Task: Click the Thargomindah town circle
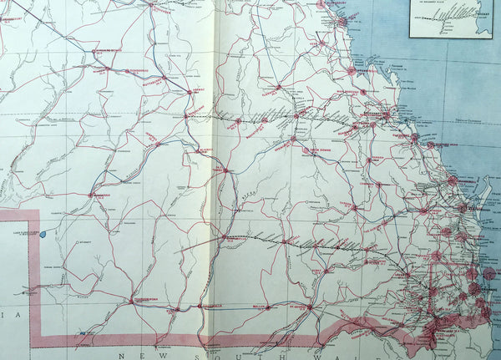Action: click(131, 301)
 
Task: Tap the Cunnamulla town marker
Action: click(200, 307)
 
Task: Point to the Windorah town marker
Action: click(91, 195)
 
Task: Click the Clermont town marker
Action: click(277, 87)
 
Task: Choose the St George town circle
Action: click(309, 307)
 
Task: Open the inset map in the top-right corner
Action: click(450, 18)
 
